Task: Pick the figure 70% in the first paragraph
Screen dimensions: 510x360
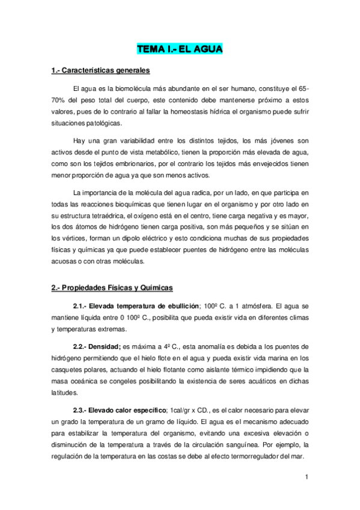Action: pyautogui.click(x=59, y=100)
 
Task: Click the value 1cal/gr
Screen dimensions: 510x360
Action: pyautogui.click(x=184, y=410)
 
